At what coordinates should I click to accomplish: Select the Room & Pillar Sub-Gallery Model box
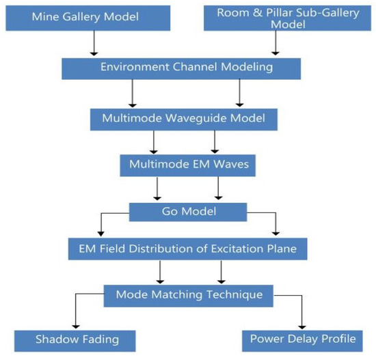[289, 19]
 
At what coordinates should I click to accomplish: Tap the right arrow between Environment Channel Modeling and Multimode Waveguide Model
[238, 92]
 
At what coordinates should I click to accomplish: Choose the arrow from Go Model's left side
[103, 224]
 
